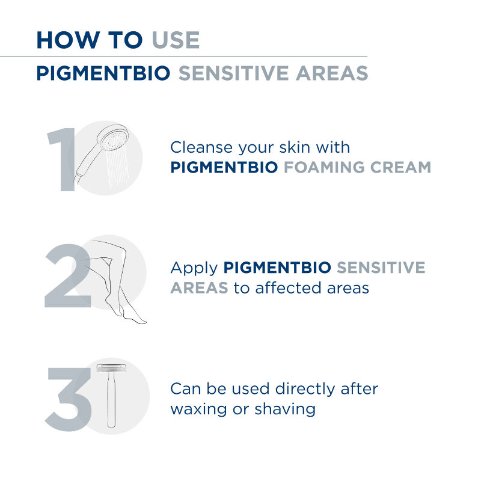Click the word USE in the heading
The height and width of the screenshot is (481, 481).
tap(176, 40)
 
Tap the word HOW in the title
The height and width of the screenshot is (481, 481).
tap(68, 40)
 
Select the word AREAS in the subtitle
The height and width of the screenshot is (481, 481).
tap(332, 73)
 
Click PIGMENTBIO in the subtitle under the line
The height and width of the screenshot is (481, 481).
tap(103, 73)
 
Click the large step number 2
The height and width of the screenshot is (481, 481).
tap(68, 275)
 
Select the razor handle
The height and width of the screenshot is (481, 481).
tap(111, 400)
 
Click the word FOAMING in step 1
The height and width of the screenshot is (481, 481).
tap(324, 167)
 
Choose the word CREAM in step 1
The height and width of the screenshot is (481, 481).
tap(400, 167)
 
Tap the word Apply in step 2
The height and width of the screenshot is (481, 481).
tap(194, 268)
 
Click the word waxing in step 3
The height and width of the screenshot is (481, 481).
tap(198, 410)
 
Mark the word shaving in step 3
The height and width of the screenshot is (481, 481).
tap(285, 410)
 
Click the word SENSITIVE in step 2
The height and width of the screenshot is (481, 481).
tap(381, 268)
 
